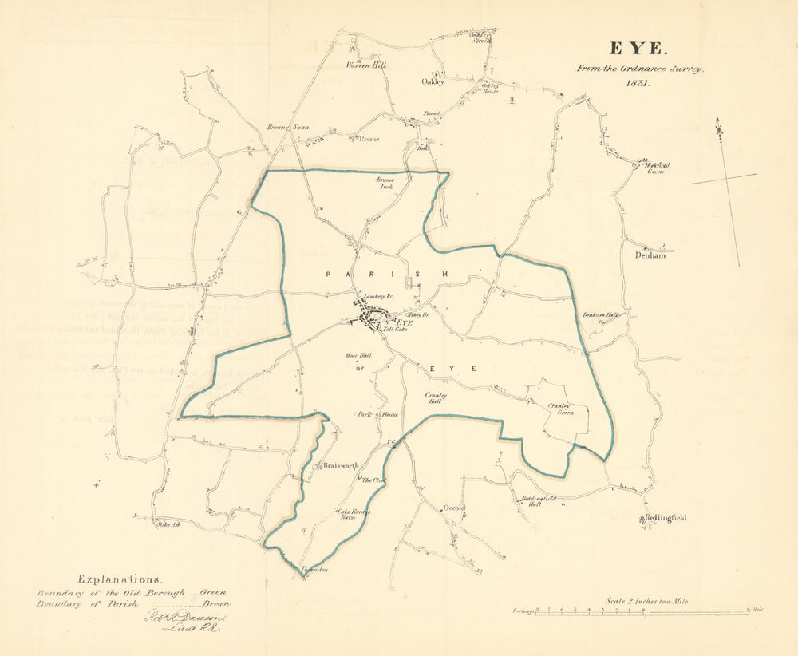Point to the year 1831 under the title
tap(638, 82)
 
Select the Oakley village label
tap(433, 81)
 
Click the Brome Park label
tap(385, 183)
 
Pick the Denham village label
tap(650, 255)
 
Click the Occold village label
tap(453, 508)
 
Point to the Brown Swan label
tap(287, 127)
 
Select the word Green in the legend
tap(213, 592)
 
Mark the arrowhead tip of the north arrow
tap(718, 120)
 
